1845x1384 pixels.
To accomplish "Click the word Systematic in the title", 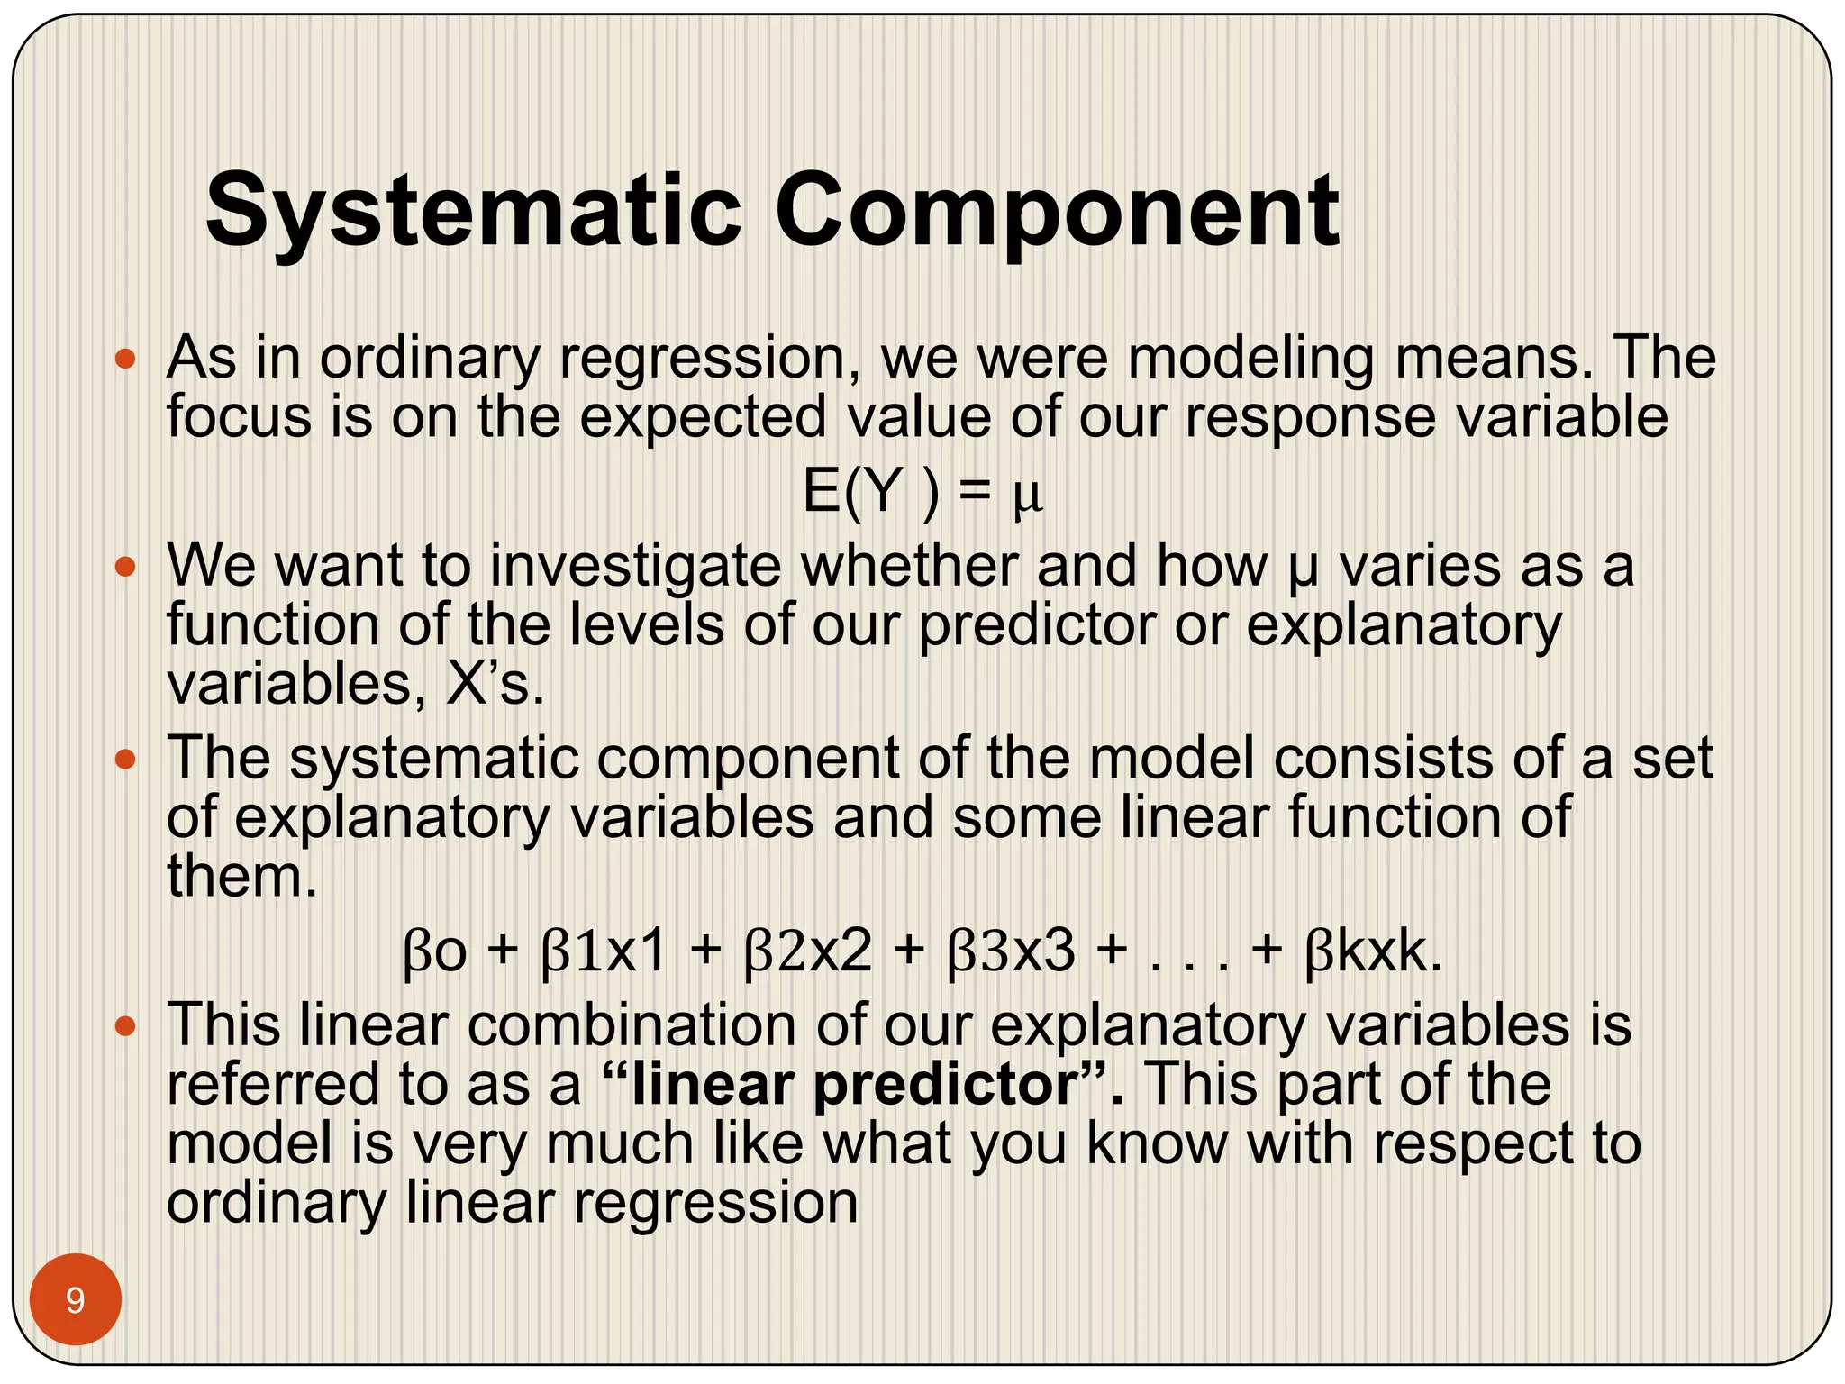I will [473, 212].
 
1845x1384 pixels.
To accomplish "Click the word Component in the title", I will [1057, 212].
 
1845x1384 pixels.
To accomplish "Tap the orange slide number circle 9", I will [76, 1299].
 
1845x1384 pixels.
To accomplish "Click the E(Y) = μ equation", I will [922, 493].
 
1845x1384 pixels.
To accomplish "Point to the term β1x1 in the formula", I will [604, 951].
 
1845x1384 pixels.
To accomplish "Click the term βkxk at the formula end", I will [1372, 951].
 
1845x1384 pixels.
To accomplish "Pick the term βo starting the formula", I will [435, 951].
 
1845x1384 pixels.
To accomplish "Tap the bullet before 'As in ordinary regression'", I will [125, 360].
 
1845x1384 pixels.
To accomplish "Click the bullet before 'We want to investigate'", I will [125, 568].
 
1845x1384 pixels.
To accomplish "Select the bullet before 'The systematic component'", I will [125, 760].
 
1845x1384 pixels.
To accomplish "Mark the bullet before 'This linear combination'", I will [125, 1025].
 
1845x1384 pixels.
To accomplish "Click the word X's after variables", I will [495, 685].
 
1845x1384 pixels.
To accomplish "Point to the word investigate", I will [635, 568].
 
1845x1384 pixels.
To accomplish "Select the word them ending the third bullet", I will [241, 876].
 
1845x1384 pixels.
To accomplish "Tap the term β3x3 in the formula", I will [1012, 951].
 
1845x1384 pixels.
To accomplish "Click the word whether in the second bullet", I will [908, 568].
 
